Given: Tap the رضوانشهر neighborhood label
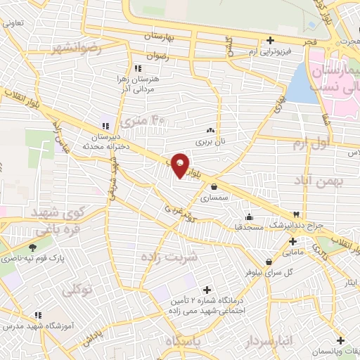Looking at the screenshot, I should (76, 48).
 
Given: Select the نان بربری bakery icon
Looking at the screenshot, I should (210, 131).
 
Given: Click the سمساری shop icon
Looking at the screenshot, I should (214, 186).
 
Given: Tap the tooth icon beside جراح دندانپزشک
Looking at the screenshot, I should (296, 214).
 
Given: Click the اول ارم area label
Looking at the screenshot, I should (311, 143).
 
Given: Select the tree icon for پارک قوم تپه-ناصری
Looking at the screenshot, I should (33, 247).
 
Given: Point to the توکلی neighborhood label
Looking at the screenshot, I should (77, 288).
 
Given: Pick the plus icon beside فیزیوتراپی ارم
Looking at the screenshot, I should (269, 41).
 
